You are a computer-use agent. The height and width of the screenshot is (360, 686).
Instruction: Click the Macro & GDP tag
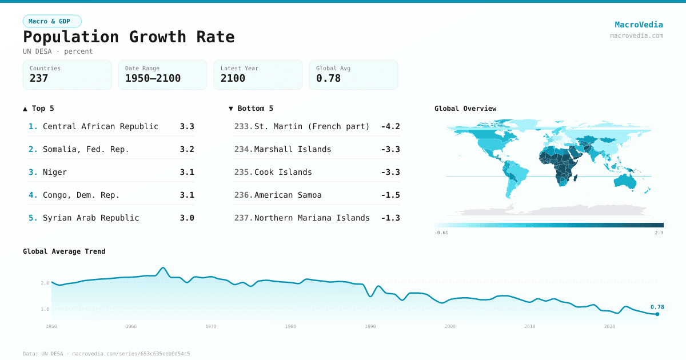pyautogui.click(x=52, y=21)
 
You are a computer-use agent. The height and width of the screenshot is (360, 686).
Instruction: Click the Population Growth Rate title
pyautogui.click(x=129, y=37)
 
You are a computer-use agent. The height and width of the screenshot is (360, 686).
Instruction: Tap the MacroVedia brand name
pyautogui.click(x=639, y=25)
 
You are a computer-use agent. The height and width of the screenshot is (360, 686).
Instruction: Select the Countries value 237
pyautogui.click(x=39, y=78)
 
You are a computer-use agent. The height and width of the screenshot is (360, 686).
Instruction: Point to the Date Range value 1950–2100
pyautogui.click(x=153, y=78)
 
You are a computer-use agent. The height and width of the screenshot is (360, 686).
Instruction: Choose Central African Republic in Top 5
pyautogui.click(x=101, y=126)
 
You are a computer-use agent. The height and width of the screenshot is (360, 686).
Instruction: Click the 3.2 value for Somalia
pyautogui.click(x=187, y=149)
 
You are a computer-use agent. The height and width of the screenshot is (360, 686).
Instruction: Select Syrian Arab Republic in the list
pyautogui.click(x=91, y=218)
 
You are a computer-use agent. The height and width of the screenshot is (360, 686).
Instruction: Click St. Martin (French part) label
pyautogui.click(x=312, y=126)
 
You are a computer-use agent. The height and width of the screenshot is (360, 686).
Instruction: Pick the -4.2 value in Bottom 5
pyautogui.click(x=390, y=126)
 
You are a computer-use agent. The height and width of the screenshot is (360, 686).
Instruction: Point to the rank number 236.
pyautogui.click(x=243, y=195)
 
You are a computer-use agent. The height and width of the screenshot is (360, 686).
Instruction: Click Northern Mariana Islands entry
pyautogui.click(x=312, y=218)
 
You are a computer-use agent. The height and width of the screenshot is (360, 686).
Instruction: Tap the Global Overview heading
pyautogui.click(x=465, y=109)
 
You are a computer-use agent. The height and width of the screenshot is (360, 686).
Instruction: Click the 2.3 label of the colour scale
pyautogui.click(x=659, y=233)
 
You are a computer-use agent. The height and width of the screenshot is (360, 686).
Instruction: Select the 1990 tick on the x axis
pyautogui.click(x=370, y=326)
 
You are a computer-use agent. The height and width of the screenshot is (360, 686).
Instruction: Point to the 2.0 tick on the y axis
pyautogui.click(x=45, y=283)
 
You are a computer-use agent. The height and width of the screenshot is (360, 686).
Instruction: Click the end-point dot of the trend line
pyautogui.click(x=657, y=314)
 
